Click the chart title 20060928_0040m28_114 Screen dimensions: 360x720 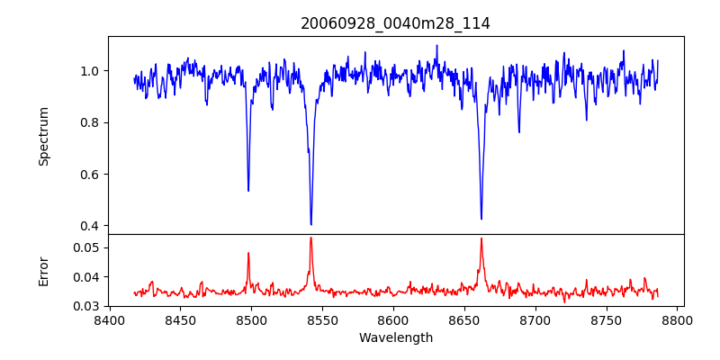(395, 23)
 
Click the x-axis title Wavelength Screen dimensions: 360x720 (395, 338)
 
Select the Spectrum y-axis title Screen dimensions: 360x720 (44, 136)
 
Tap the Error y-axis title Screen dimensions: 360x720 (44, 271)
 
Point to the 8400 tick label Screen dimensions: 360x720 (109, 320)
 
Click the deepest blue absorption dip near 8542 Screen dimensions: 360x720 (310, 224)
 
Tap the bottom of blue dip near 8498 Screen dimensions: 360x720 (248, 190)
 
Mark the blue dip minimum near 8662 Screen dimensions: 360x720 (481, 219)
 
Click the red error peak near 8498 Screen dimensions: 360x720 (248, 253)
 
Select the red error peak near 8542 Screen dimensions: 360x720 (310, 238)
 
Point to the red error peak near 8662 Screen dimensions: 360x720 (481, 238)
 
